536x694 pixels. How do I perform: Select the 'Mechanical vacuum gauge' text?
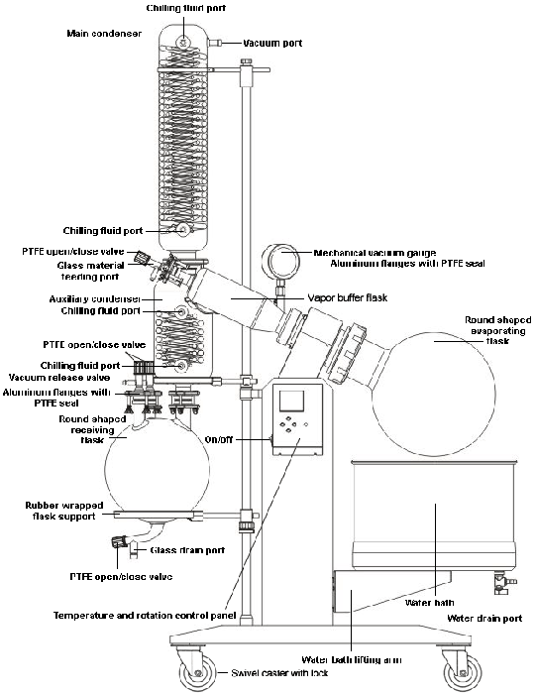pos(368,253)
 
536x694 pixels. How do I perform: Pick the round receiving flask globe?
pos(160,461)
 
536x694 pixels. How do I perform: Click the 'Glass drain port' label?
pos(187,549)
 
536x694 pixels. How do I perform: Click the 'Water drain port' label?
pos(483,619)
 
